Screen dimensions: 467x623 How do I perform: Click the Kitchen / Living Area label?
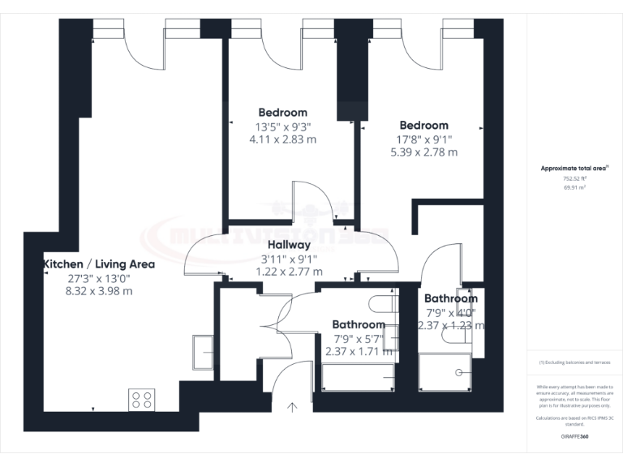point(99,264)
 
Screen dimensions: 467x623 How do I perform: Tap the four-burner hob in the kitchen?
point(141,399)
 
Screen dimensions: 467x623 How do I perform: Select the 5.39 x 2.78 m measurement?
point(423,152)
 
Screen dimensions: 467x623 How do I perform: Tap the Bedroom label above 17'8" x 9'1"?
point(423,126)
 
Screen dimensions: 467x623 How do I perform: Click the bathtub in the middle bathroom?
point(358,377)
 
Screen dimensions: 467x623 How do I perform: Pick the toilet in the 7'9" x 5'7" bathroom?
point(380,305)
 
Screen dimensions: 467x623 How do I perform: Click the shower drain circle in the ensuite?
point(460,372)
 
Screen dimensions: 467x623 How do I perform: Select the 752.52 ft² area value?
point(574,178)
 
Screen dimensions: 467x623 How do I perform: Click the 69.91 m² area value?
point(574,186)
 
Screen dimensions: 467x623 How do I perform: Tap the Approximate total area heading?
point(574,169)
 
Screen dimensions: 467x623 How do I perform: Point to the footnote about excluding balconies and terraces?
point(574,362)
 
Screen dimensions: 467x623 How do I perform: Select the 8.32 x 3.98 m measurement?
point(99,291)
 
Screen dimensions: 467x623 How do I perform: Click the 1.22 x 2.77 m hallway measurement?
point(289,272)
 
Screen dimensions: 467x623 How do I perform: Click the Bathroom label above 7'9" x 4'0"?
point(450,298)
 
